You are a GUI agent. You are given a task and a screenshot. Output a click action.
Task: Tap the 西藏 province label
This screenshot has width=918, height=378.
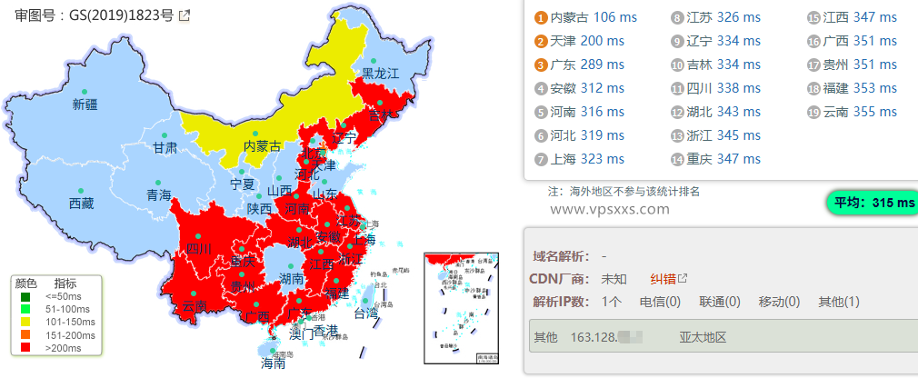[x=81, y=204]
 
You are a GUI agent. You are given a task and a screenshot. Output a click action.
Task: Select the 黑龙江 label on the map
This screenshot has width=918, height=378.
[x=381, y=74]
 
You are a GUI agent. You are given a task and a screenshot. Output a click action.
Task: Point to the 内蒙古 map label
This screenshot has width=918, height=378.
[x=262, y=146]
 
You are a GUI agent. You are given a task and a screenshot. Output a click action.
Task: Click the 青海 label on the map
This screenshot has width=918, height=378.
[x=158, y=195]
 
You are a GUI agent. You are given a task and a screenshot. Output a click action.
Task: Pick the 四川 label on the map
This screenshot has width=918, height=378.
[x=198, y=249]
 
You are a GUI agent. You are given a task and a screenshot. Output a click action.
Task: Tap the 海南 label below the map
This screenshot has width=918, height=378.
[x=273, y=363]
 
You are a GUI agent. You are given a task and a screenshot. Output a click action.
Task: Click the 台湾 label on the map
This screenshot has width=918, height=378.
[x=364, y=313]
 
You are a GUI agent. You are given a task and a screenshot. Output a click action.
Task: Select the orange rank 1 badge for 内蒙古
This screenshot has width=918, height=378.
[x=541, y=18]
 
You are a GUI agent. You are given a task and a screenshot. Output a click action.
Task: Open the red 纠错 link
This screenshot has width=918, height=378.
[x=664, y=278]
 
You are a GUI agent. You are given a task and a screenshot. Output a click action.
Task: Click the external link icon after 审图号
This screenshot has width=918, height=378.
[x=185, y=15]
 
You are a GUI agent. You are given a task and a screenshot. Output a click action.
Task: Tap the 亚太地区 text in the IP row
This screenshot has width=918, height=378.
[x=703, y=337]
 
